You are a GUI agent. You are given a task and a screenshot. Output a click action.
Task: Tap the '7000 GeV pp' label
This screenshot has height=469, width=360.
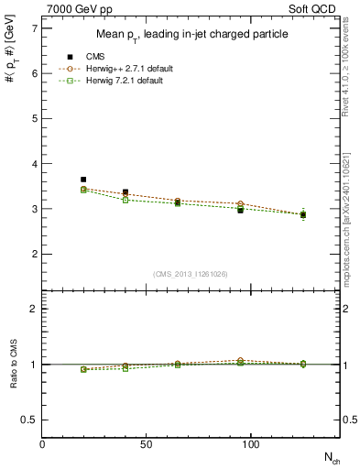coord(74,10)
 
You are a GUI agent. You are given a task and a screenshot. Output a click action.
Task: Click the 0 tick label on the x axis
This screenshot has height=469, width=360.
coord(43,443)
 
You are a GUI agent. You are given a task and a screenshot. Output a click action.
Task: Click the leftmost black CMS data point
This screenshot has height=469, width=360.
coord(83,180)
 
